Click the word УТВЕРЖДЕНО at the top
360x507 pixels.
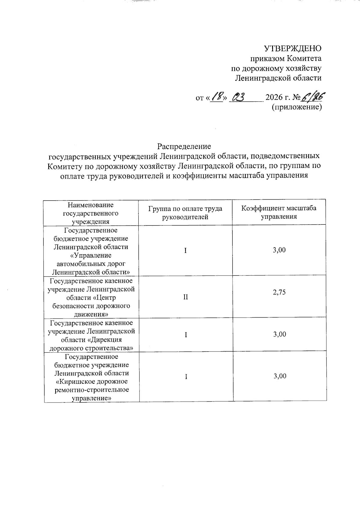(292, 49)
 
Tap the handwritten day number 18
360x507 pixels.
(217, 97)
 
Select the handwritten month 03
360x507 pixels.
(239, 97)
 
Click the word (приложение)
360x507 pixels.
(296, 107)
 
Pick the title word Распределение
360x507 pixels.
(184, 146)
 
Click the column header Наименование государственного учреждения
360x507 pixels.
(91, 213)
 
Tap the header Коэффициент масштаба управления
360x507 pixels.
(279, 212)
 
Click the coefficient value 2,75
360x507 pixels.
(279, 292)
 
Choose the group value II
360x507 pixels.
(186, 297)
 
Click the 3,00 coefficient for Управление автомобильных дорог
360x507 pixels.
(279, 250)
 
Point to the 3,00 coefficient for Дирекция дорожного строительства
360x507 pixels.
(279, 334)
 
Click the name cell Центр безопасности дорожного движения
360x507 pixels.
(91, 297)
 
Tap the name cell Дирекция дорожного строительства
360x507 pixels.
(91, 336)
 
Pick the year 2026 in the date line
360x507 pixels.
(274, 98)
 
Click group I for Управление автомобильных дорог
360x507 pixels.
(185, 250)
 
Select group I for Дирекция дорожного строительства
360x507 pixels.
(186, 335)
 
